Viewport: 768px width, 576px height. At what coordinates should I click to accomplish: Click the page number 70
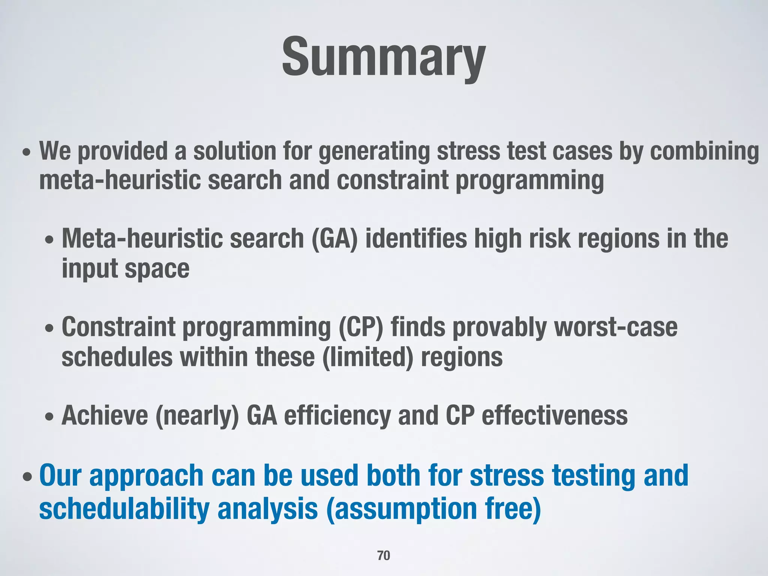pos(384,555)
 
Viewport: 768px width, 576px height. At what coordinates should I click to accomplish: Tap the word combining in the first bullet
pos(704,151)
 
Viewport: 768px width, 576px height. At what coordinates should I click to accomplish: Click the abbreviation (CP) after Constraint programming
pos(361,327)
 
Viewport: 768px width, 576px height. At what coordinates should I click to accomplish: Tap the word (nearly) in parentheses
pos(197,415)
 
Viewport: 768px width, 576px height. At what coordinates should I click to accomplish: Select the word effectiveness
pos(554,415)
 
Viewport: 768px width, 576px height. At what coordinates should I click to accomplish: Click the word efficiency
pos(337,415)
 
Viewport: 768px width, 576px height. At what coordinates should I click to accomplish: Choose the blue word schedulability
pos(124,509)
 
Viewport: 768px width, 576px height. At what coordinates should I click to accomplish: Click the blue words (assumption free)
pos(433,509)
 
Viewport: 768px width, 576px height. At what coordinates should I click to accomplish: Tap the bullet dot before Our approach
pos(27,478)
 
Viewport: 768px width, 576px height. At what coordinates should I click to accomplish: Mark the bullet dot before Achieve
pos(49,417)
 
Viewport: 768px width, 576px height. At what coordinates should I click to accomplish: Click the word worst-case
pos(616,327)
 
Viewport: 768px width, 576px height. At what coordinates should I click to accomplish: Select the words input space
pos(125,269)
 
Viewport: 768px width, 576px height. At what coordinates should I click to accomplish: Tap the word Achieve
pos(105,415)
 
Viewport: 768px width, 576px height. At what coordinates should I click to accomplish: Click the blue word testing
pos(594,475)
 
